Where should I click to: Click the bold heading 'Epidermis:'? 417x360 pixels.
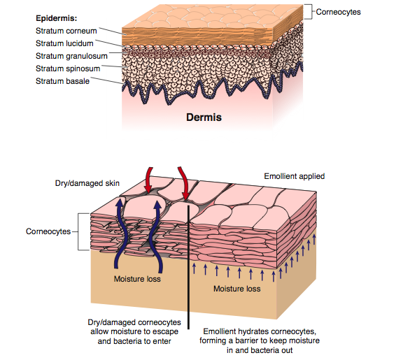click(57, 18)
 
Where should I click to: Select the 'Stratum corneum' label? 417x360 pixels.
click(66, 31)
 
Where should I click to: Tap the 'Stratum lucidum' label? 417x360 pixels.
click(64, 43)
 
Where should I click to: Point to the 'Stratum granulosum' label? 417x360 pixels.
click(71, 56)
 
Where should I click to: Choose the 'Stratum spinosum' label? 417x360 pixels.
click(68, 69)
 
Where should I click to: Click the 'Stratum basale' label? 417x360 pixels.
click(62, 81)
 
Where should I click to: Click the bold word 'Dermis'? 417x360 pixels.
click(204, 117)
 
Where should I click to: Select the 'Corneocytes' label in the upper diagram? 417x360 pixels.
click(338, 12)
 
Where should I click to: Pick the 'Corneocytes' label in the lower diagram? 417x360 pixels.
click(48, 231)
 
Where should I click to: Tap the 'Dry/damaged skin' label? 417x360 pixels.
click(87, 183)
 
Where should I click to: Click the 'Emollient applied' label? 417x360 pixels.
click(294, 176)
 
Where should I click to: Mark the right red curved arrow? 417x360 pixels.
click(184, 183)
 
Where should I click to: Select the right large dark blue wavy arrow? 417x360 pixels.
click(155, 236)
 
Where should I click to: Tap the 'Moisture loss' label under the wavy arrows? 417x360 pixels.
click(137, 279)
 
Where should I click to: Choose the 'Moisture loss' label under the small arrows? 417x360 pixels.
click(237, 289)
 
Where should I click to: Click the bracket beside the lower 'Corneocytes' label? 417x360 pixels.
click(78, 231)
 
